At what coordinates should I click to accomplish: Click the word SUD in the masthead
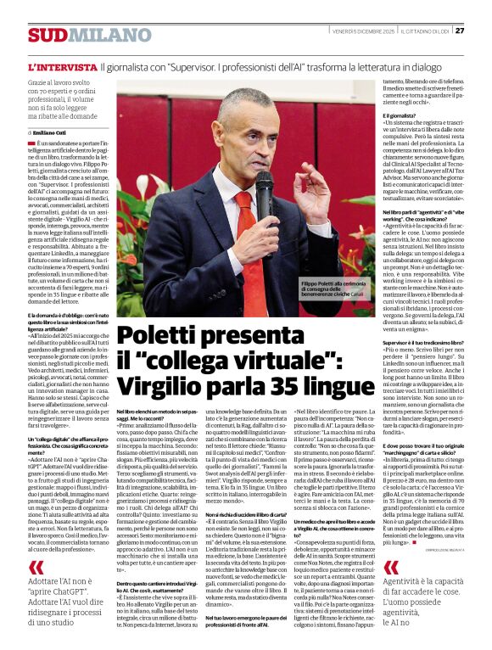tap(45, 34)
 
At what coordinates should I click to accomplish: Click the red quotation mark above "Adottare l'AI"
tap(36, 568)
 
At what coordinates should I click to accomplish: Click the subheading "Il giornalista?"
tap(374, 115)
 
